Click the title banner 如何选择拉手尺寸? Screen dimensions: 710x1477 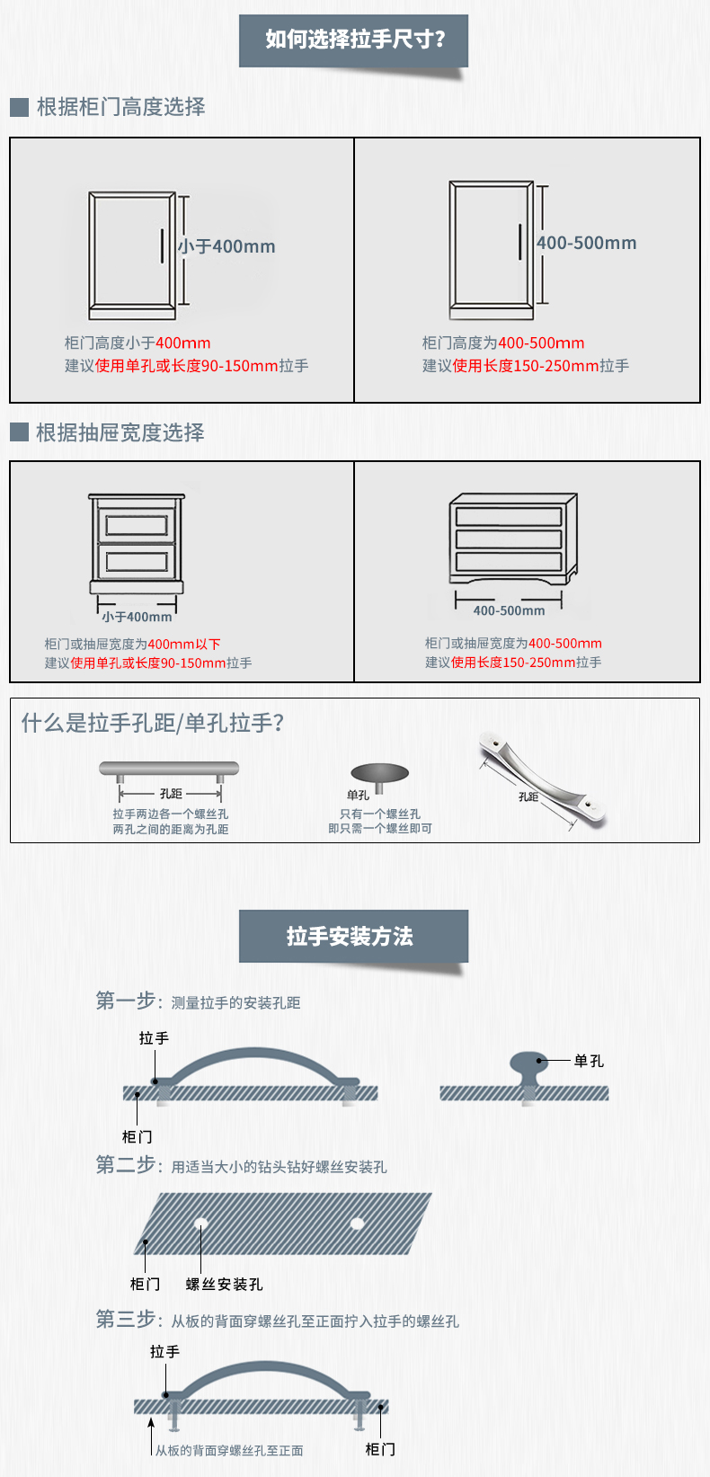[353, 40]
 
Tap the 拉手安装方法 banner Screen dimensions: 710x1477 [353, 936]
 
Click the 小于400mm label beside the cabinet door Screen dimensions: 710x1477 [226, 246]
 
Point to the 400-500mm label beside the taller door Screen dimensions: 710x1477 [587, 244]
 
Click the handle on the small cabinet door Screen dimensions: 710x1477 [162, 246]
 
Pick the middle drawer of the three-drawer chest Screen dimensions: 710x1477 [509, 538]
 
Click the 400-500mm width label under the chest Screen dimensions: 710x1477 [509, 611]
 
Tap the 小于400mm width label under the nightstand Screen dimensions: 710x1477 [138, 618]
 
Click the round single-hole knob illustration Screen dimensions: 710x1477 [380, 776]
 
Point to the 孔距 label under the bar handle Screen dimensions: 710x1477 [171, 794]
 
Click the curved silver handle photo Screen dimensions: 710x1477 [541, 779]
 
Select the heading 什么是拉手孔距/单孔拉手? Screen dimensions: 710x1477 [153, 724]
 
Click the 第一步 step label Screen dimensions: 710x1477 [125, 1001]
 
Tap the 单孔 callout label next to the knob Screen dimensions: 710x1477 [589, 1061]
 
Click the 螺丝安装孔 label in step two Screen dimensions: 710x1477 [224, 1285]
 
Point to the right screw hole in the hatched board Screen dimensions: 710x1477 [358, 1223]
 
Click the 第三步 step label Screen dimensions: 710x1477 [125, 1319]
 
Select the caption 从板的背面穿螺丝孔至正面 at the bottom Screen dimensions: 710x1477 [229, 1451]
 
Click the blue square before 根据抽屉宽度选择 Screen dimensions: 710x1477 [19, 432]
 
